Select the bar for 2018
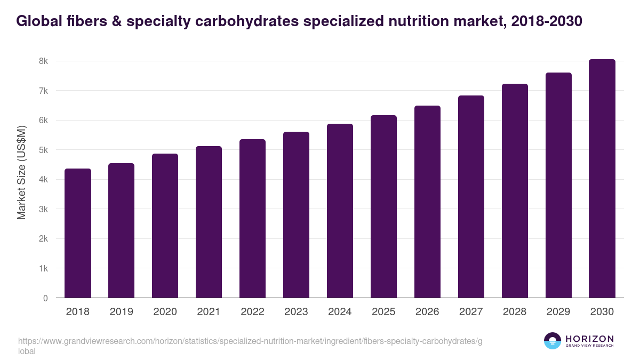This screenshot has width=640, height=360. [x=78, y=233]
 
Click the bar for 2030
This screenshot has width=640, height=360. [x=602, y=179]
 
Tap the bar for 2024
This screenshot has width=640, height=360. [x=340, y=211]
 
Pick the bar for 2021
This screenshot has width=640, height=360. [x=209, y=222]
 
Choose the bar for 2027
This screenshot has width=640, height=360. [x=471, y=197]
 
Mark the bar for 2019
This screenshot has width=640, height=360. [x=122, y=230]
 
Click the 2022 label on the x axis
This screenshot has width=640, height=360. [x=253, y=312]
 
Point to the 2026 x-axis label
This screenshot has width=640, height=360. [x=428, y=312]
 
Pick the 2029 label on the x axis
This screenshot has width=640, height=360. [x=559, y=312]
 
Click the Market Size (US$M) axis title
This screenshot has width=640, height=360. [x=21, y=172]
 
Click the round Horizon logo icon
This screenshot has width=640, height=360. [x=553, y=341]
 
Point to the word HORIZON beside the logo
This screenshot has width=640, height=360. [x=589, y=339]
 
